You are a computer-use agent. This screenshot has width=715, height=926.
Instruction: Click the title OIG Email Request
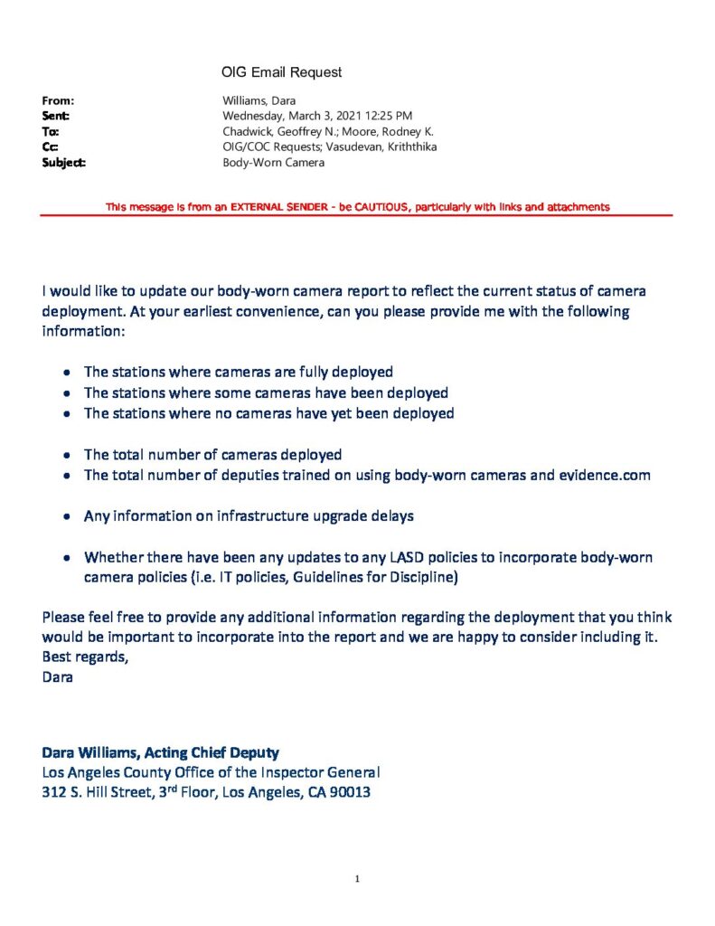click(x=281, y=71)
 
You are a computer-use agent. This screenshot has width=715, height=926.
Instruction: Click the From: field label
click(x=58, y=100)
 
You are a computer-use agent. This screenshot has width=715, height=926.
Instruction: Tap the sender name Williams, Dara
click(x=259, y=100)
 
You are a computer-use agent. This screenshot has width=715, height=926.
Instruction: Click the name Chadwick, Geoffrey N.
click(x=276, y=131)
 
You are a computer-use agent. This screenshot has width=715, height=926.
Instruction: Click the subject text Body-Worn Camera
click(x=273, y=163)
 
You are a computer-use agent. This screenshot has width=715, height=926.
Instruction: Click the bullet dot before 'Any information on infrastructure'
click(x=68, y=516)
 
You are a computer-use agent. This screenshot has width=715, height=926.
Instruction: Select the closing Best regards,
click(x=85, y=657)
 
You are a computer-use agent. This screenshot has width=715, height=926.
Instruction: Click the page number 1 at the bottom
click(x=358, y=878)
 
